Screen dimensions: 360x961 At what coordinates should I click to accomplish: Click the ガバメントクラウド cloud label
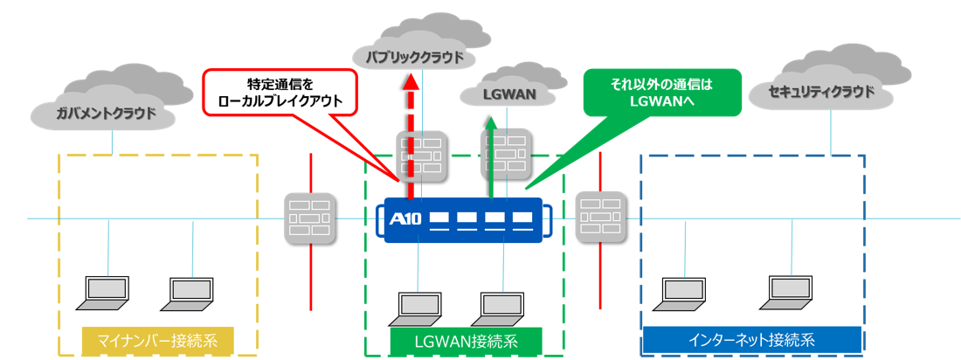coord(106,112)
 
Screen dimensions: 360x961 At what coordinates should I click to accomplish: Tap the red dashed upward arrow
coord(407,131)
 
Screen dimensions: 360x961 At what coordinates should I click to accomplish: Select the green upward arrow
coord(491,162)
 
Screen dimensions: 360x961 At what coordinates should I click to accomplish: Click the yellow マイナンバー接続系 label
coord(159,338)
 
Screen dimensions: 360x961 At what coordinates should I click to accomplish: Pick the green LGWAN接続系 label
coord(466,339)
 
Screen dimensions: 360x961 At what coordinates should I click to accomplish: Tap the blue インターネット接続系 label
coord(751,338)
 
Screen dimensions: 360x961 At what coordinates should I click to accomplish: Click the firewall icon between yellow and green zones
coord(310,218)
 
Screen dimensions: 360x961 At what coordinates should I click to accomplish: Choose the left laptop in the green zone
coord(418,306)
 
